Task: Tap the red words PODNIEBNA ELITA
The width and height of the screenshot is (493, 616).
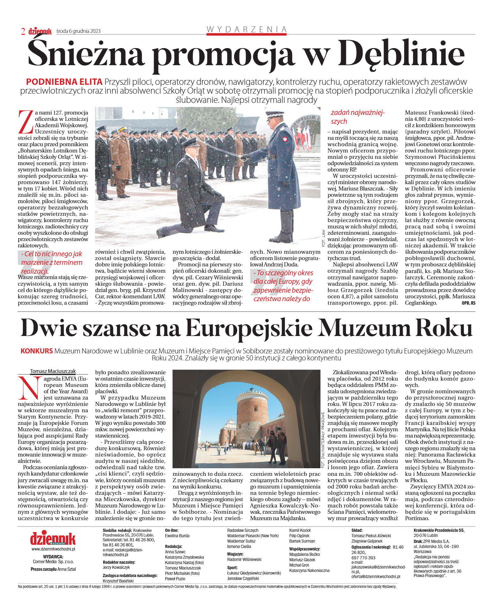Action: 64,82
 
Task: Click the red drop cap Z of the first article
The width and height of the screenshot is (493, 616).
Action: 26,121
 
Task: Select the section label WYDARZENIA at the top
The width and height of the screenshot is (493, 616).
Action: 247,29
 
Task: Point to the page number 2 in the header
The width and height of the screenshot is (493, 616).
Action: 23,31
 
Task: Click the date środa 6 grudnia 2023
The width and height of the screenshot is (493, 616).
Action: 78,31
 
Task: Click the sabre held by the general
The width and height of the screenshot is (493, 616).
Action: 222,149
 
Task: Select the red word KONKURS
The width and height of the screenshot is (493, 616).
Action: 36,351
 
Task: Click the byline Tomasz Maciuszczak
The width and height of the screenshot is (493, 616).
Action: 53,371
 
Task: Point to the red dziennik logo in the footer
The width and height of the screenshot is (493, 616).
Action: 53,538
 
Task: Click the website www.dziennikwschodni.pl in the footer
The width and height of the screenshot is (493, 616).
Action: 53,549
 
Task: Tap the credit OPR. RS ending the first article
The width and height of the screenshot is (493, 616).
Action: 468,303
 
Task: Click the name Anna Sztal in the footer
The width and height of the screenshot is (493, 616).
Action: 67,569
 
